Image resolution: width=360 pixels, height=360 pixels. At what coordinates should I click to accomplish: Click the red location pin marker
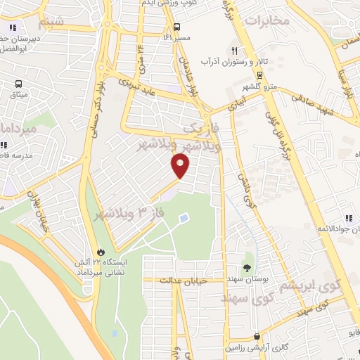pyautogui.click(x=181, y=165)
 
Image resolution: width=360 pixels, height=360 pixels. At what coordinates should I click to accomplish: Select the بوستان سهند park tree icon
pyautogui.click(x=247, y=266)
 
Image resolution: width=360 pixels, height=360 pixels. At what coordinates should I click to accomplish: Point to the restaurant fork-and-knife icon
pyautogui.click(x=234, y=51)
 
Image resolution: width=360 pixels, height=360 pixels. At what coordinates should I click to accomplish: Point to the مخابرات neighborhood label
pyautogui.click(x=266, y=20)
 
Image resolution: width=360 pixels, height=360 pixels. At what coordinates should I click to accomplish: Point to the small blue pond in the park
pyautogui.click(x=184, y=219)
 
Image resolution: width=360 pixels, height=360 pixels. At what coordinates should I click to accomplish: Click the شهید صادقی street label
pyautogui.click(x=307, y=99)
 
